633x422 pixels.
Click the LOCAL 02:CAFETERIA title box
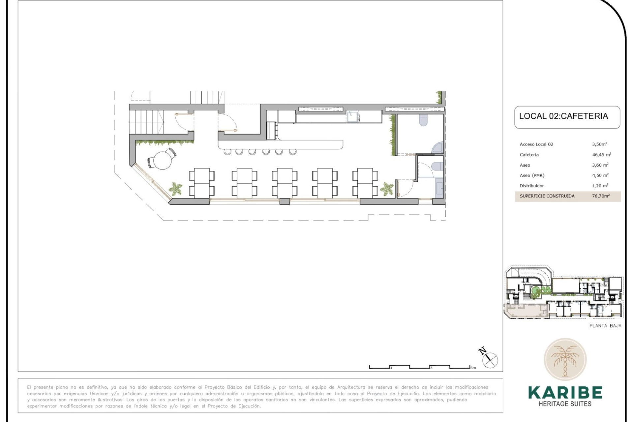(567, 117)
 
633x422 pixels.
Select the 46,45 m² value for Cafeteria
(602, 155)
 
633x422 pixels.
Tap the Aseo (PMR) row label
(532, 175)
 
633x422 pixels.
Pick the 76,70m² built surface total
(601, 196)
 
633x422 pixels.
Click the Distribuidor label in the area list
(532, 186)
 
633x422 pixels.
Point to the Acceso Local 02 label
(536, 144)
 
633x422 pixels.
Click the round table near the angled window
(162, 160)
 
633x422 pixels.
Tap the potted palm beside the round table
(175, 189)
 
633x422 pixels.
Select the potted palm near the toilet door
(386, 189)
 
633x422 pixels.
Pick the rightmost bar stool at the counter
(292, 152)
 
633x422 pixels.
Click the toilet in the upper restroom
(423, 121)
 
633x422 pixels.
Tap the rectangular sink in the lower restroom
(439, 189)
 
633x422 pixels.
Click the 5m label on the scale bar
(473, 368)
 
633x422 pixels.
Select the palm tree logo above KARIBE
(565, 360)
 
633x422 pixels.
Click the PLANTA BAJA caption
(605, 326)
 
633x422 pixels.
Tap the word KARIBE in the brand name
(565, 393)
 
